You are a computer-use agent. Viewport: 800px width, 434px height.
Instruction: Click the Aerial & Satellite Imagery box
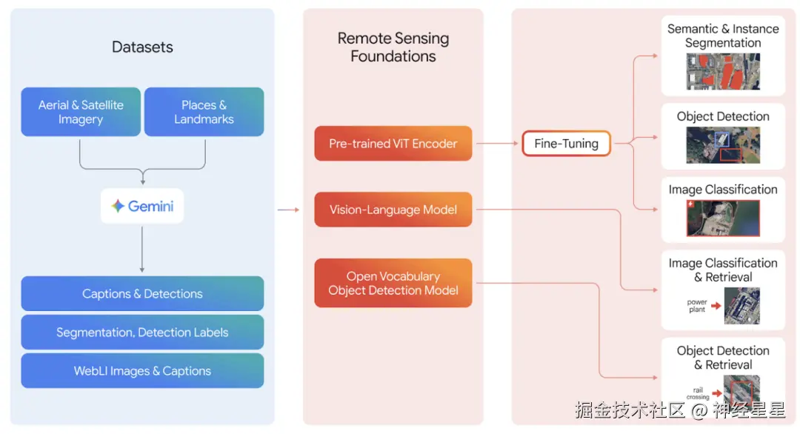coord(81,112)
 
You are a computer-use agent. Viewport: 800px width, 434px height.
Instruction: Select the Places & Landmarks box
coord(204,112)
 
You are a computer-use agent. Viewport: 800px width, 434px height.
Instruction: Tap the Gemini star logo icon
coord(118,206)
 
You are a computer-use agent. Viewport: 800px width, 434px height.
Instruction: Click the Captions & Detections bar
coord(142,293)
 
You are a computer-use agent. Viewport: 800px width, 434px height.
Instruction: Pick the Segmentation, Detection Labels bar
coord(142,332)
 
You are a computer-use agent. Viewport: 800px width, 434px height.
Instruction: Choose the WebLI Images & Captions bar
coord(142,370)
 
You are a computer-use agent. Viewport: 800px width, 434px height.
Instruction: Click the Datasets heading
coord(142,47)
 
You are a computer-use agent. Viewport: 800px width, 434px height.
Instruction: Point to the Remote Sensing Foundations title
coord(393,47)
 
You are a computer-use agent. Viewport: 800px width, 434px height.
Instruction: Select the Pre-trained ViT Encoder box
coord(393,144)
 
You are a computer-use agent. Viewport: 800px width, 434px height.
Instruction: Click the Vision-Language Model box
coord(393,210)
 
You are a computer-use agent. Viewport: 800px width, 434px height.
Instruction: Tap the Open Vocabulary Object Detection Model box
coord(393,283)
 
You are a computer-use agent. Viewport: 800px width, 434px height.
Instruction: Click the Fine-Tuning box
coord(566,144)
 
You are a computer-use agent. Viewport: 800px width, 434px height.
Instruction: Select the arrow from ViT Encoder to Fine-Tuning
coord(496,144)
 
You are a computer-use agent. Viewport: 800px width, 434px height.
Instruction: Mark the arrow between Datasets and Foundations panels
coord(288,210)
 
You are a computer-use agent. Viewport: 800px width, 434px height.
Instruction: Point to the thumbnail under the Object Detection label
coord(722,145)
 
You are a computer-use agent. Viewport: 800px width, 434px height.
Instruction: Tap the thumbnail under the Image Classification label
coord(722,218)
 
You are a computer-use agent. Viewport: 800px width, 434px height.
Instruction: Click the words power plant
coord(697,306)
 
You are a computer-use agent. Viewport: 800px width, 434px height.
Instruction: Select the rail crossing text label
coord(697,393)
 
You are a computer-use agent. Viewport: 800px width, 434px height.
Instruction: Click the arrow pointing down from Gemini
coord(141,249)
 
